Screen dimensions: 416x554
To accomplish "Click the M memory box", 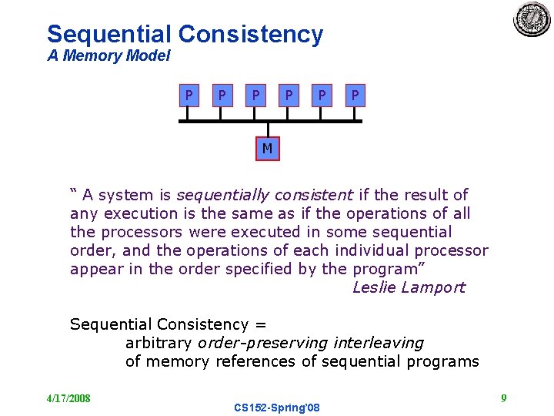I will coord(267,148).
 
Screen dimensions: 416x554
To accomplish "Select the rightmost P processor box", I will coord(354,96).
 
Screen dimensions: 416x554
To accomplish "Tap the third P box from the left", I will coord(255,96).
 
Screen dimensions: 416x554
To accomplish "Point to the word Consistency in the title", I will coord(251,34).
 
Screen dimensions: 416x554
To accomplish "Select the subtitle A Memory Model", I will coord(108,56).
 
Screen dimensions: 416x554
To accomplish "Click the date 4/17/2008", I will coord(68,398).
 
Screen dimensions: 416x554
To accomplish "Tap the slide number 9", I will coord(503,398).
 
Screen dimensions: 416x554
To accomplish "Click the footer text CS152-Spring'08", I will coord(277,407).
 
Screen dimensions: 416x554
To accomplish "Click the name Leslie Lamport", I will coord(409,287).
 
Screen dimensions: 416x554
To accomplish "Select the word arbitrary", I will coord(159,343).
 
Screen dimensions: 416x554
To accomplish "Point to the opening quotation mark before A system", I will coord(74,192).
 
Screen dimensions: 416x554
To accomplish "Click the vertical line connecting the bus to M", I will coord(267,130).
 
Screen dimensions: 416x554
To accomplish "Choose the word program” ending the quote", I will coord(389,269).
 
